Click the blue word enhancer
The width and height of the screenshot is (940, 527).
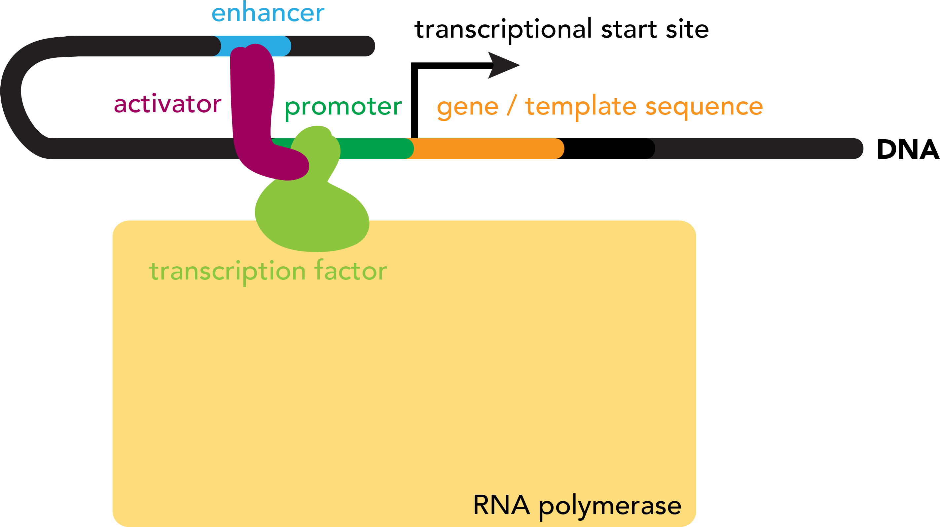268,13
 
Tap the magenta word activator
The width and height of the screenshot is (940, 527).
167,104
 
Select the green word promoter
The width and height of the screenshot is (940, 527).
343,107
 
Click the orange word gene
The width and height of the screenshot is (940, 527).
467,107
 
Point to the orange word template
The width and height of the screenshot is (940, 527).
581,107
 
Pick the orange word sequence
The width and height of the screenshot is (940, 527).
704,107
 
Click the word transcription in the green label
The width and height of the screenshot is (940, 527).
227,272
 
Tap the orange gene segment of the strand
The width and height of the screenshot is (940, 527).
489,148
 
